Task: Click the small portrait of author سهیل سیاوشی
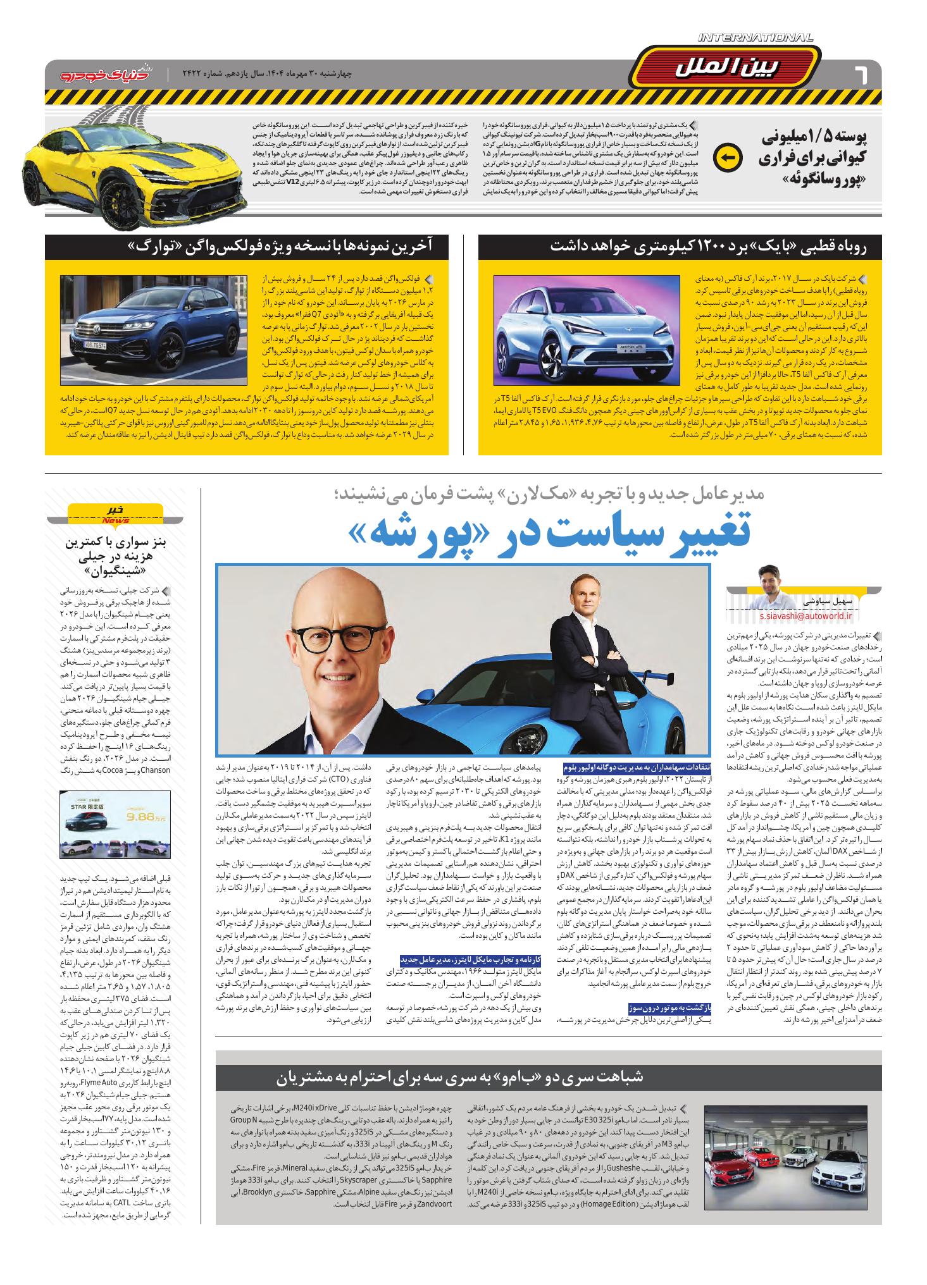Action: (x=776, y=581)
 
